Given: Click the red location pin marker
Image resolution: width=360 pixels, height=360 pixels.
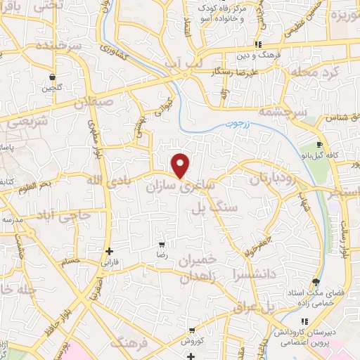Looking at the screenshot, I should click(181, 165).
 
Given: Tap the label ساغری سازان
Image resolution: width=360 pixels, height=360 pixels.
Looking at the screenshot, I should click(177, 188).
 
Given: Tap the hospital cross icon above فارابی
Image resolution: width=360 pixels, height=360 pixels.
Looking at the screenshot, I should click(108, 251).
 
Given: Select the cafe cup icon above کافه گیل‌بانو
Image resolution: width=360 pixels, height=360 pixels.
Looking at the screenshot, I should click(319, 145).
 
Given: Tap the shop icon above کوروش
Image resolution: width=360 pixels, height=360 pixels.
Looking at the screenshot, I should click(191, 330).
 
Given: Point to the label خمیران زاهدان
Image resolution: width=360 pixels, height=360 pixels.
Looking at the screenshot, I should click(184, 269).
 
